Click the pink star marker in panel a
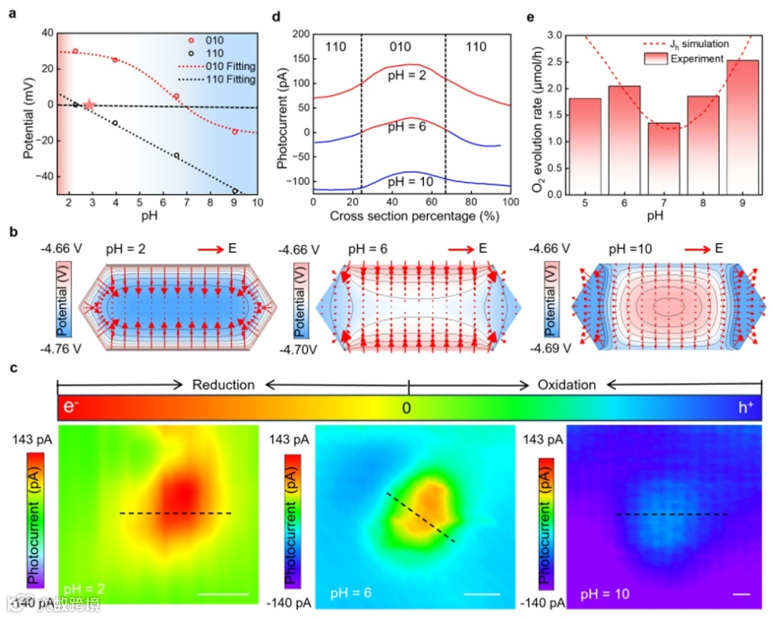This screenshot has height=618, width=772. pos(89,105)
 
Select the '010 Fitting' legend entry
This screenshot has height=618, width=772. pos(229,66)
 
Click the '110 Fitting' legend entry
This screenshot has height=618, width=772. pos(229,79)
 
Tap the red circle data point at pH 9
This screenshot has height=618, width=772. pos(234,131)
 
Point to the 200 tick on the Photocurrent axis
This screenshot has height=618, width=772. pos(299,34)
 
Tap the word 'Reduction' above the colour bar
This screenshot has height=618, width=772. pos(223,385)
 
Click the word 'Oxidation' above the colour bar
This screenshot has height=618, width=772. pos(566,385)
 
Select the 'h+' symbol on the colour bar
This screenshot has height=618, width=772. pos(745,408)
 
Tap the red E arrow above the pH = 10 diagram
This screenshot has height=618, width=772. pos(695,249)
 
